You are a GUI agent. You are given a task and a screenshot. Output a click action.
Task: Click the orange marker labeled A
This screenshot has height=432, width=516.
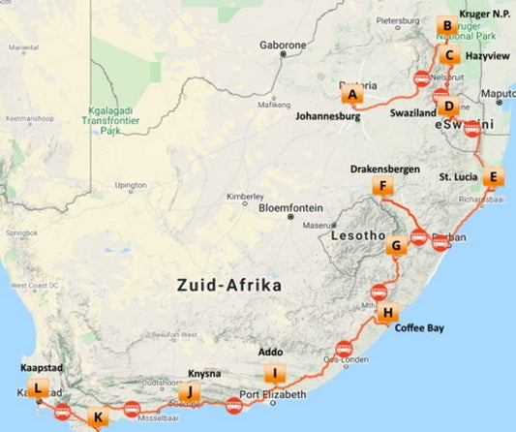[x=352, y=95]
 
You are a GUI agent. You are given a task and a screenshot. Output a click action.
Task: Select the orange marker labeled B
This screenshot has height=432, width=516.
[x=445, y=26]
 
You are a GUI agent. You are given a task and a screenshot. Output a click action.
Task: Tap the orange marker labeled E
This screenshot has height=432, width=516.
[x=493, y=176]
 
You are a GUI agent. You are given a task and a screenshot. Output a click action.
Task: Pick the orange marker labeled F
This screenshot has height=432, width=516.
[x=384, y=187]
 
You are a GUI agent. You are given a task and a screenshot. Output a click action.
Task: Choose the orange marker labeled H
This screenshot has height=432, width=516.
[x=387, y=312]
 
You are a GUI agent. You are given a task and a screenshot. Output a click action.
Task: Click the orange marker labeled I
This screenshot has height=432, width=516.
[x=276, y=375]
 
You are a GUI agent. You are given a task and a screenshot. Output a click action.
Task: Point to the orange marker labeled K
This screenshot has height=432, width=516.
[x=96, y=418]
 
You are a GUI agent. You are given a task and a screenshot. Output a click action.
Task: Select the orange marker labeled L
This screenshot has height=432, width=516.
[x=38, y=389]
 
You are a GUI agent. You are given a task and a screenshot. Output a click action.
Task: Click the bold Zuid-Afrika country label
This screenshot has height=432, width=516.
[x=228, y=287]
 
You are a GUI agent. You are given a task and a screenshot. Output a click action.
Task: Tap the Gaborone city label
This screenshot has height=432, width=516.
[x=283, y=45]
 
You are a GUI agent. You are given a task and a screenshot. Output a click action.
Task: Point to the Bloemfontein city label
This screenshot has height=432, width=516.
[x=295, y=206]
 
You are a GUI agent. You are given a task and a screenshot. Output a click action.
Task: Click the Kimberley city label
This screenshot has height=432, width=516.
[x=244, y=196]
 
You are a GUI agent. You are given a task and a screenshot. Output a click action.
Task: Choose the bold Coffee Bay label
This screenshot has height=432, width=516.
[x=419, y=329]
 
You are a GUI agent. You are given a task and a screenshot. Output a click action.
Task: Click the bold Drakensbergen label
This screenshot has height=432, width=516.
[x=384, y=169]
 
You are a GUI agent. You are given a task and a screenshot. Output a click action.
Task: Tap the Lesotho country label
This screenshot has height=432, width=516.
[x=357, y=236]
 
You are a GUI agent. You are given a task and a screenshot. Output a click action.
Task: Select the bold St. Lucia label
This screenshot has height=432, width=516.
[x=458, y=177]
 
